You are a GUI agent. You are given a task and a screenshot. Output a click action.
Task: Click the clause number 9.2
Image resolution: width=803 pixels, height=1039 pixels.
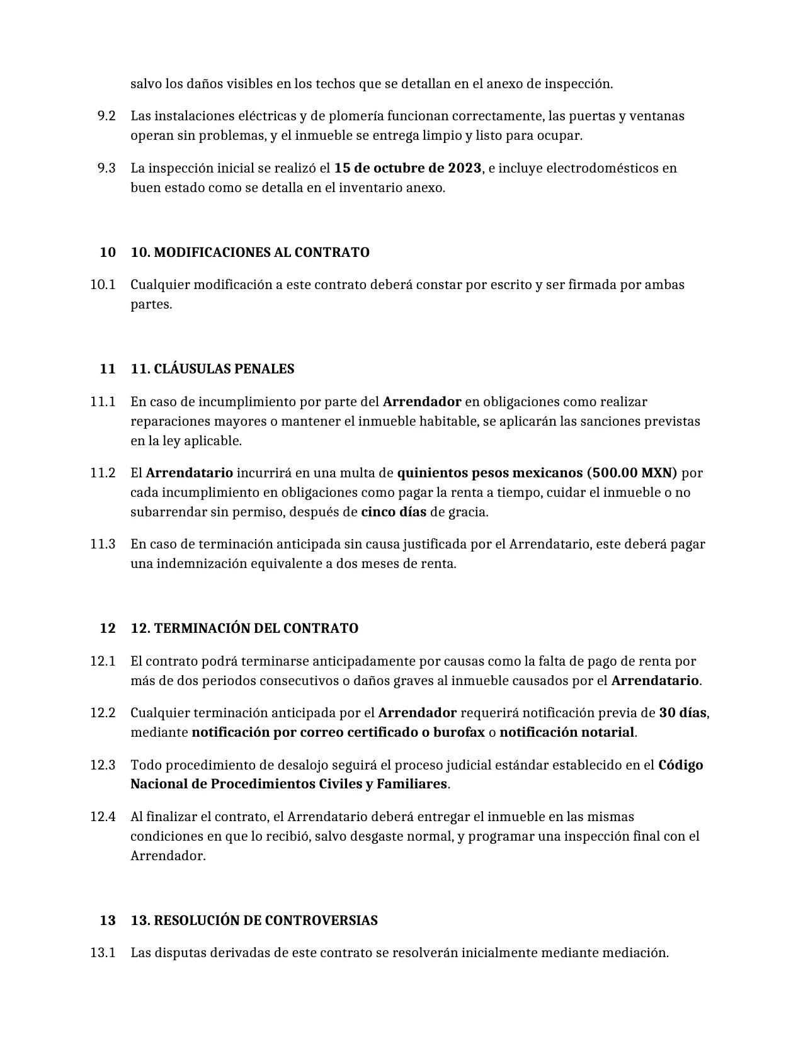pos(106,116)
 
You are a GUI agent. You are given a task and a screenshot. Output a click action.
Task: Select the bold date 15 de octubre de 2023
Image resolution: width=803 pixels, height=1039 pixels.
pos(407,168)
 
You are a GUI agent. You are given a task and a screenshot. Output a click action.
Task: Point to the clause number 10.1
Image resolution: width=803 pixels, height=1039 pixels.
pos(103,285)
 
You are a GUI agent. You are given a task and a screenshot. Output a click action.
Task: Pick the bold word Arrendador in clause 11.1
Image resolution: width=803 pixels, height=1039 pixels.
pos(422,402)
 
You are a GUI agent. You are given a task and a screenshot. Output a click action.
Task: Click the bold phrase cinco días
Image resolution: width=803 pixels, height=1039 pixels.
pos(394,512)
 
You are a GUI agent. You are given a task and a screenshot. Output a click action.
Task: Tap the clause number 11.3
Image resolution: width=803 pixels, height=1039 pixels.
pos(103,544)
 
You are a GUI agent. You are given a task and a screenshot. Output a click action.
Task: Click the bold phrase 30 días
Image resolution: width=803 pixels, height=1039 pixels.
pos(683,713)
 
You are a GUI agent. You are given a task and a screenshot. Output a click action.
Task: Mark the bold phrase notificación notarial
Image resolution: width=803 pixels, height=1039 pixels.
pos(567,732)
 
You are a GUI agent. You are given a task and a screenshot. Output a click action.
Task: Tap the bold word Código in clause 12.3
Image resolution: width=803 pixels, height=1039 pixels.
pos(681,765)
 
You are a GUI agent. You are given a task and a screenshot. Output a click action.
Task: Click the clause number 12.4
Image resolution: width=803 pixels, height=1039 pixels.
pos(103,817)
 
